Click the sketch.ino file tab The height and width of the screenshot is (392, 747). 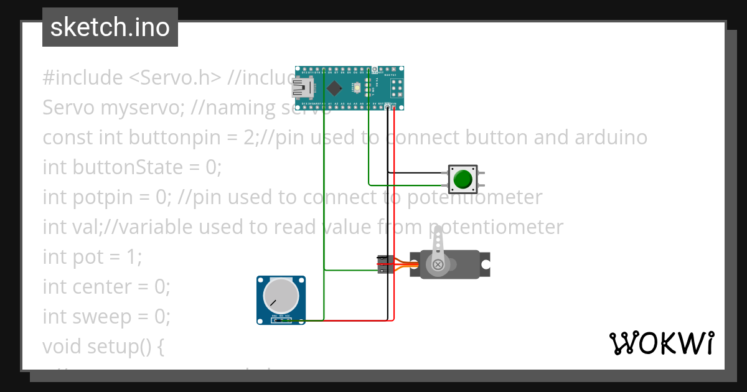point(110,27)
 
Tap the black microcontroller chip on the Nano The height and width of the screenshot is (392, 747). point(334,88)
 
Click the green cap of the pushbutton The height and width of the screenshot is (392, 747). point(463,179)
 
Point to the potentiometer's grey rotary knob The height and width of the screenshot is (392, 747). point(281,296)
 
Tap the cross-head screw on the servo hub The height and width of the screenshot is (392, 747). point(438,264)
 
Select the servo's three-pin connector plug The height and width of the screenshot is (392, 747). point(383,264)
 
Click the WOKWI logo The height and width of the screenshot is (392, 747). point(661,343)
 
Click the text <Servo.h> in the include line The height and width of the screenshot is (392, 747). point(175,78)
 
